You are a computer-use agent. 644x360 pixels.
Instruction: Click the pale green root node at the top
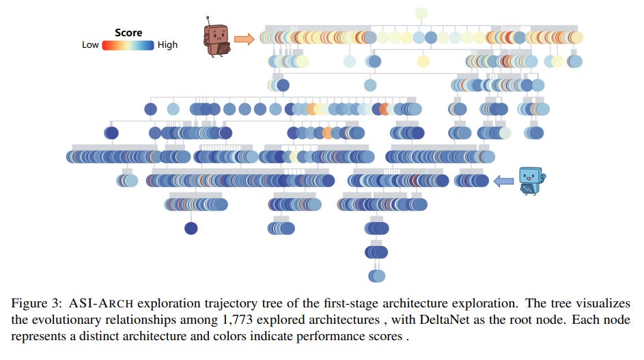pos(421,14)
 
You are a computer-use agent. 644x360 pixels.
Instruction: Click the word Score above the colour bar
pos(128,33)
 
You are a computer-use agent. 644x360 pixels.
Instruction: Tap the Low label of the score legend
pos(90,45)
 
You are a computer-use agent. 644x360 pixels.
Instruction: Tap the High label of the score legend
pos(167,45)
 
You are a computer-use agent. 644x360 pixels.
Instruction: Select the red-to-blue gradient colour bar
pos(128,45)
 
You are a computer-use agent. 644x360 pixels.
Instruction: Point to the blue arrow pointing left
pos(504,180)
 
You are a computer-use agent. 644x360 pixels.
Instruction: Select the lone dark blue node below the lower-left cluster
pos(191,228)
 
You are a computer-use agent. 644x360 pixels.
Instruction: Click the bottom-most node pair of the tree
pos(376,275)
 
